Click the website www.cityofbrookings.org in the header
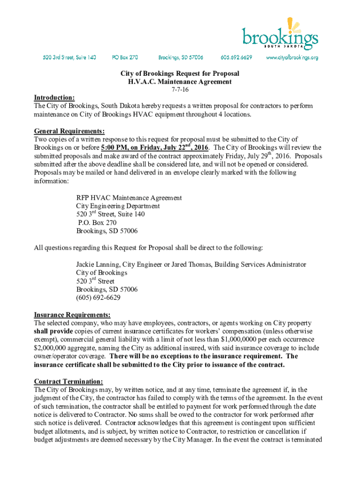(292, 58)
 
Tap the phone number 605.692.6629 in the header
(237, 58)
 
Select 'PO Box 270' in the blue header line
(125, 58)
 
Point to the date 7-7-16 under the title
(180, 89)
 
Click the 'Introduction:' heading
(54, 97)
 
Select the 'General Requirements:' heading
(69, 131)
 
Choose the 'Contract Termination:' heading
(69, 381)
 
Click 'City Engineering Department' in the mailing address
(118, 206)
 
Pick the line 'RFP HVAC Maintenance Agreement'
(129, 198)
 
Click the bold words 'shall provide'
(53, 331)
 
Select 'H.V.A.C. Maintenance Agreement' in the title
(180, 81)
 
